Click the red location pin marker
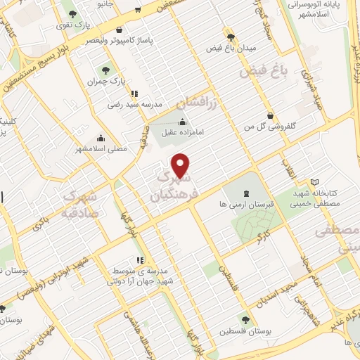(x=182, y=165)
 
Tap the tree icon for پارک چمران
(x=106, y=70)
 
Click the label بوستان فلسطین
(x=244, y=332)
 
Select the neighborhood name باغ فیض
(x=264, y=71)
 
